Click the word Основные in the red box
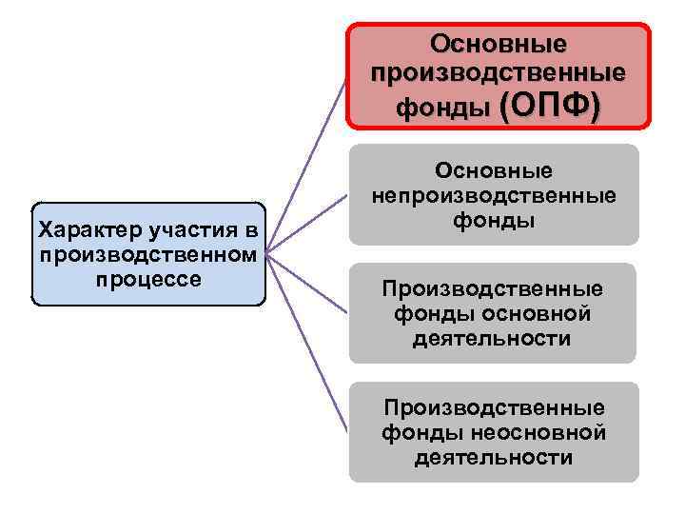tap(498, 45)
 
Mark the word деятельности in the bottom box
tap(493, 458)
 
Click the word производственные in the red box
tap(498, 73)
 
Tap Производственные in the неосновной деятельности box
tap(493, 407)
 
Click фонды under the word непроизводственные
tap(493, 221)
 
